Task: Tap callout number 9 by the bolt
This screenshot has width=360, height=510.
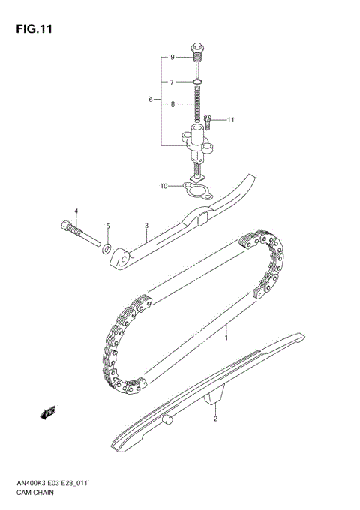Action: [171, 58]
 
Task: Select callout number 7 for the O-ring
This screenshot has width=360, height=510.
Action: [171, 82]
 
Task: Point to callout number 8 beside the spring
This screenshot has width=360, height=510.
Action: [171, 105]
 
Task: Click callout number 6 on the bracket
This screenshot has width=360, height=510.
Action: [151, 100]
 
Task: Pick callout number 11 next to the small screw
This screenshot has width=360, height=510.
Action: [231, 119]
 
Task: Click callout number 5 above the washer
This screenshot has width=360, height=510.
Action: [107, 226]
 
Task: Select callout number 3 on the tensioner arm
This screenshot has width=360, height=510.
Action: [146, 226]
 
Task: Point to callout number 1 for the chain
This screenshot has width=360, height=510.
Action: [226, 338]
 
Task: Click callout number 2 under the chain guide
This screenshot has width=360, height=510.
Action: [215, 419]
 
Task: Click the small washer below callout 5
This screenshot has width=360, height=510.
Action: [108, 247]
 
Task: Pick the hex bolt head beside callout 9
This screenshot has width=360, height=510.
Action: [198, 49]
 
